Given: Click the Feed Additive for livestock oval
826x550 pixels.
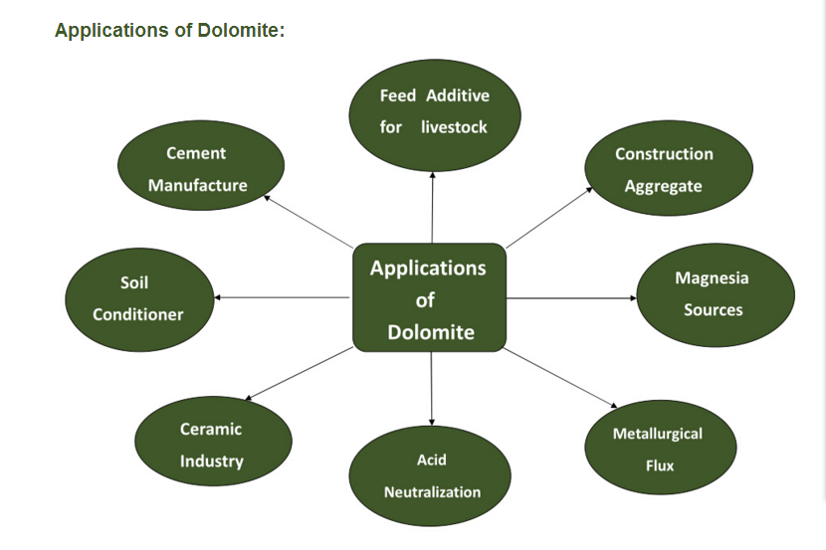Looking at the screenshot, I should point(434,111).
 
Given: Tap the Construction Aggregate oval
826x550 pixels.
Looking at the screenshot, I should point(664,169).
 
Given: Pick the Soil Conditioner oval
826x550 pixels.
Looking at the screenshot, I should point(138,297).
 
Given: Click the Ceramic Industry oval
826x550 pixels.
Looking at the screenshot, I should point(212,445).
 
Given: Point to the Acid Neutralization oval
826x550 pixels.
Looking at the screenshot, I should point(432,475).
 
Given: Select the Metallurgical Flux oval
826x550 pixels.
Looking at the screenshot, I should point(658,449).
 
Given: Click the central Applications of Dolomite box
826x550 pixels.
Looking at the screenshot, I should point(430,298).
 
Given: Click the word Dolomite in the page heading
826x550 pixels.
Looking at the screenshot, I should point(244,31).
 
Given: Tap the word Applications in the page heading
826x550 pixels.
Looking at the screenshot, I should point(109,31).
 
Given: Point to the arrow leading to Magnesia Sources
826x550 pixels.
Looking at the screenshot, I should point(571,297).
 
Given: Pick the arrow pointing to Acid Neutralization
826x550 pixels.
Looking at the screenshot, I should point(432,388).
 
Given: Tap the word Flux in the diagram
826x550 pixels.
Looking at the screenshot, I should point(659,464).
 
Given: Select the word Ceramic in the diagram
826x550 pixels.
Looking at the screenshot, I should point(211,429).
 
